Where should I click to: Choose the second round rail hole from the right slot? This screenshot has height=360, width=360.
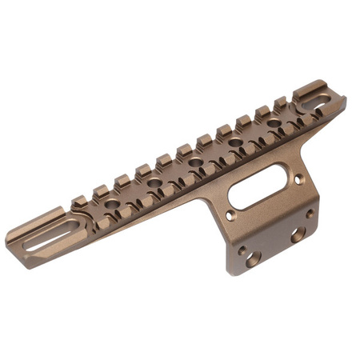[236, 143]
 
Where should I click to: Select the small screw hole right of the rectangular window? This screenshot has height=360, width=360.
[298, 180]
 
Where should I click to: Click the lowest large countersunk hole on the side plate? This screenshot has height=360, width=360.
[253, 258]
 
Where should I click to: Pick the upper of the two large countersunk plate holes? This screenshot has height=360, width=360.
[297, 235]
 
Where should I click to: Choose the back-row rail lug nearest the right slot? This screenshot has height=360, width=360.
[280, 102]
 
